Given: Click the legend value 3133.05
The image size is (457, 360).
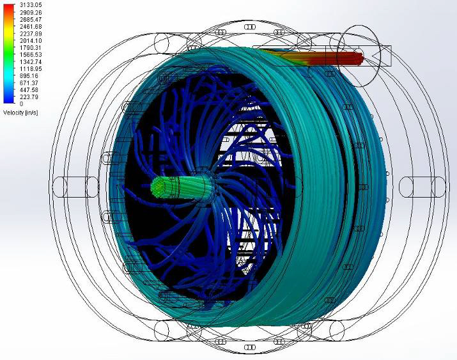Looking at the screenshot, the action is pyautogui.click(x=31, y=5).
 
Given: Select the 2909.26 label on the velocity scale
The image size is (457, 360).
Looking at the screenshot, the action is pyautogui.click(x=31, y=12).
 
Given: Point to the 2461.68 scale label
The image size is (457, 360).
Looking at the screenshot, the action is pyautogui.click(x=31, y=26).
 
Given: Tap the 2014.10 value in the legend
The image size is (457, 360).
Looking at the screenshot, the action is pyautogui.click(x=31, y=40).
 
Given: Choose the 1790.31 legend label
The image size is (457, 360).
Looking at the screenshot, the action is pyautogui.click(x=31, y=47).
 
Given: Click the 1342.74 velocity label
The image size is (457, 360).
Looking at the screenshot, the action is pyautogui.click(x=31, y=62).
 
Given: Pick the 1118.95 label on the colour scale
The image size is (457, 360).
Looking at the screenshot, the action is pyautogui.click(x=31, y=69).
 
